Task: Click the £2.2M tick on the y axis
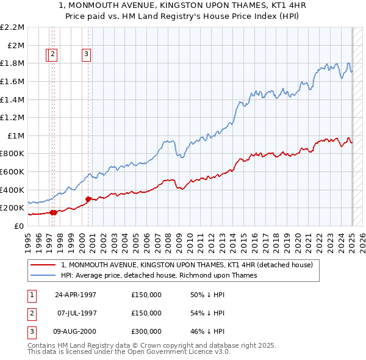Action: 13,27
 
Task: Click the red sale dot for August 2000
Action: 88,199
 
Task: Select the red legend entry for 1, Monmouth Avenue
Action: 187,265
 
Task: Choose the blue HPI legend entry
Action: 159,275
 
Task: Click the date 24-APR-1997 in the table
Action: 76,295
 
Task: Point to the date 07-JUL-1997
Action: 76,313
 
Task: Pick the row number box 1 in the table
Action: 30,295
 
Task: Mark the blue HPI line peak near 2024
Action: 348,63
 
